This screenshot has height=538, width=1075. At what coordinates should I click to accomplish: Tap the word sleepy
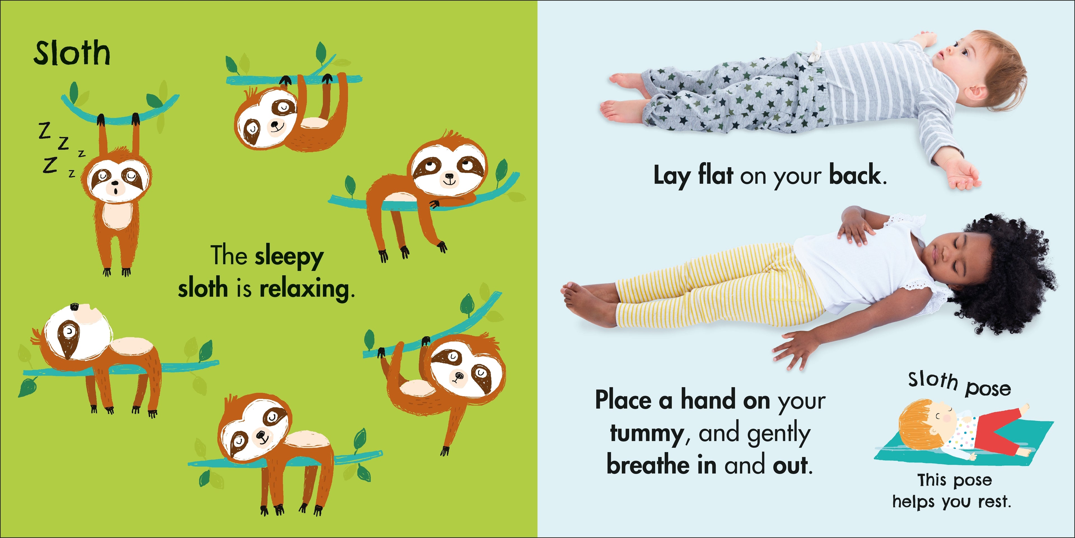289,257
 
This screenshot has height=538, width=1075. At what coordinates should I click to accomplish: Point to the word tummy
646,434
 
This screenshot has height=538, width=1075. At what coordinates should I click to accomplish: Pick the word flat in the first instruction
715,174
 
